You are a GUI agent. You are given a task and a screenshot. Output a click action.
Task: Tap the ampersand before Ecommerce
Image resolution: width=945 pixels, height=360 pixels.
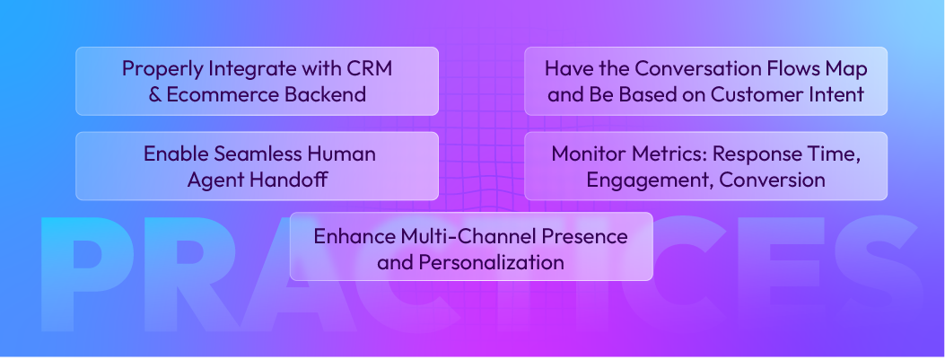(x=153, y=94)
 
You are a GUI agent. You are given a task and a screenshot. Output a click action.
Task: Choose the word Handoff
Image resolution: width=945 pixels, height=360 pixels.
(x=287, y=180)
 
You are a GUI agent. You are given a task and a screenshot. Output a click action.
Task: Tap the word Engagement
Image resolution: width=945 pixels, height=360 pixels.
(x=640, y=180)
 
